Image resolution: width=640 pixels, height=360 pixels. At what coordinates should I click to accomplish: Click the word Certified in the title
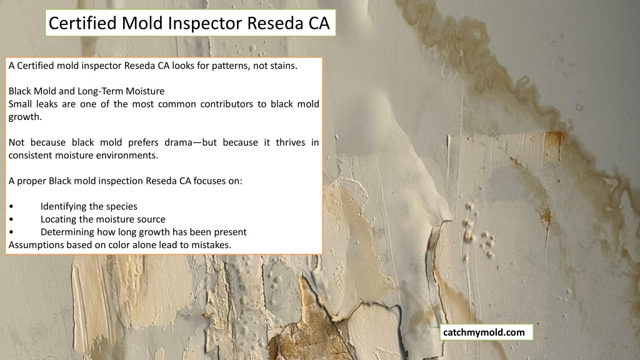[x=83, y=23]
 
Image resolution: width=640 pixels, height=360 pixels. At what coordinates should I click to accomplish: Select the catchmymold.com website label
[x=484, y=332]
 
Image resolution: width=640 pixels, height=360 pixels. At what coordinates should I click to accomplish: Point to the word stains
[x=283, y=66]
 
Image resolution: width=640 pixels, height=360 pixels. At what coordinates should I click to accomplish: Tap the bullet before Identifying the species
[x=11, y=206]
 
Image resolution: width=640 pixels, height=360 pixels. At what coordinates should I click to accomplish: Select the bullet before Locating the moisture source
[x=11, y=219]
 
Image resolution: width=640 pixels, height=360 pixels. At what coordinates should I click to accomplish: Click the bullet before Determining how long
[x=11, y=232]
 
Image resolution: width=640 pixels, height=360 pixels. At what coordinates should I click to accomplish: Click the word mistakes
[x=214, y=245]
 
